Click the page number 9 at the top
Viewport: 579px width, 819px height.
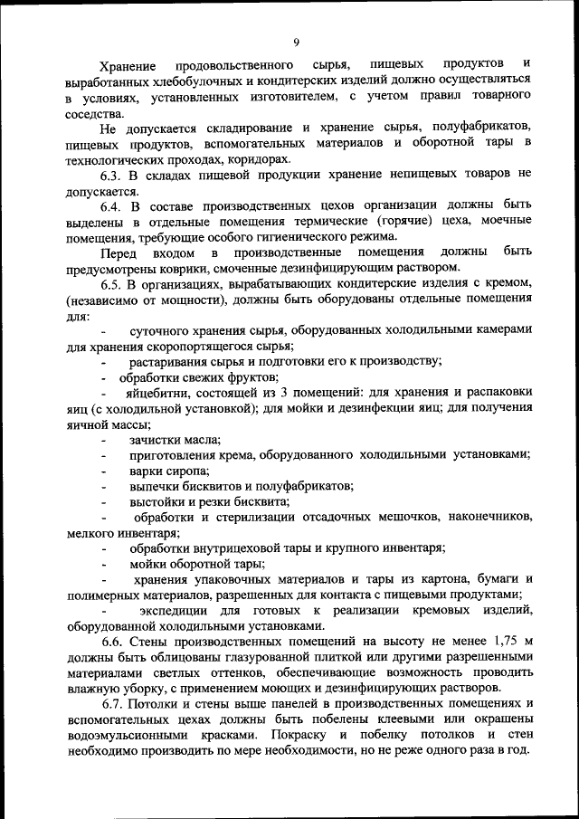click(x=296, y=42)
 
